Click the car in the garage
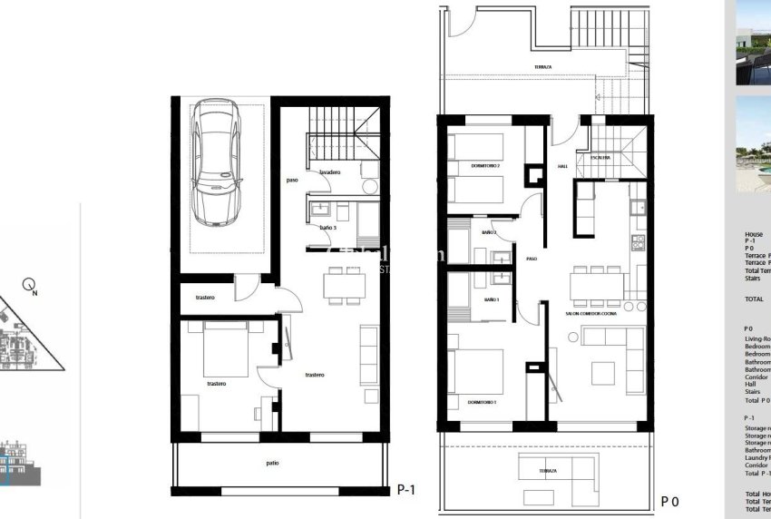pos(218,162)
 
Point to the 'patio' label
pos(272,463)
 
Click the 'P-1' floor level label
pos(406,490)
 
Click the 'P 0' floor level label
pos(670,501)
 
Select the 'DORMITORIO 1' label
pos(483,402)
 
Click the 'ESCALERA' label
pos(600,157)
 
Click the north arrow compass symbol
pos(29,285)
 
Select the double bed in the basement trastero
pos(226,349)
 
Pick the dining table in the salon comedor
pos(596,287)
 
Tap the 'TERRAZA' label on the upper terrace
pos(542,67)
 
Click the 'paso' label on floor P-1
pos(292,180)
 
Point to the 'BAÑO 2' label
pos(488,233)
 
